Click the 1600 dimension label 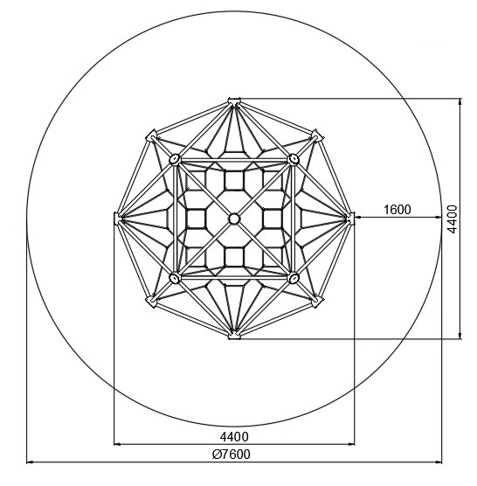pos(397,210)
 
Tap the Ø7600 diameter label pos(231,455)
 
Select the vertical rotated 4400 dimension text pos(453,219)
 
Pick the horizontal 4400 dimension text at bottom pos(234,437)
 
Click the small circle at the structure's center pos(234,219)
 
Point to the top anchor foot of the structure pos(234,101)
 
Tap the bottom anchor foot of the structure pos(234,336)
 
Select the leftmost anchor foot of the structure pos(117,219)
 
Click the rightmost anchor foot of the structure pos(350,219)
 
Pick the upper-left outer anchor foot pos(151,136)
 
